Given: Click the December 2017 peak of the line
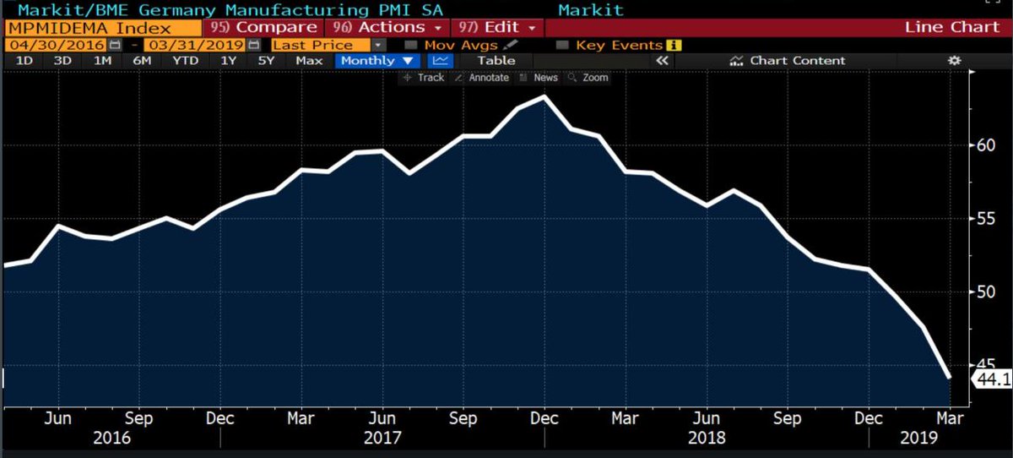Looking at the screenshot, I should [x=545, y=96].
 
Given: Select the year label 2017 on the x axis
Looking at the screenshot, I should [x=382, y=439].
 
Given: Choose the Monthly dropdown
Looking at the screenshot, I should [x=378, y=60].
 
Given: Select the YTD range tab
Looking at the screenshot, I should [x=185, y=60].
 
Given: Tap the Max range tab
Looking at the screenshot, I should [x=310, y=60].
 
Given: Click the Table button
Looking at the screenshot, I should [x=496, y=60].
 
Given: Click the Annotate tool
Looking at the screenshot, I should [x=482, y=77].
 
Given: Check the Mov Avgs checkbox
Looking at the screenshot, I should [x=411, y=44].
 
